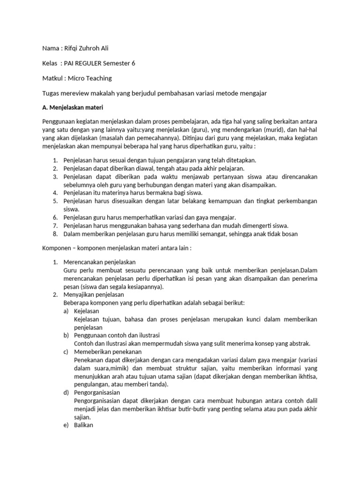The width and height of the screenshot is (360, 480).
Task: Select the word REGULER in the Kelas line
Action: pos(97,63)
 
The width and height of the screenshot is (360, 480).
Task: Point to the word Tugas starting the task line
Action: pos(51,93)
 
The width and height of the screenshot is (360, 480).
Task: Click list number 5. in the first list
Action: pos(55,201)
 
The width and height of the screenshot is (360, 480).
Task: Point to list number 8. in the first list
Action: pos(55,234)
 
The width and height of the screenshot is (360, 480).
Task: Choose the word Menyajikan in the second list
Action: pos(79,294)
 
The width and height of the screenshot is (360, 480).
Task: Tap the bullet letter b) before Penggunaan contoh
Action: pos(67,335)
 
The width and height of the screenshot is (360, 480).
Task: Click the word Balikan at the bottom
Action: pos(84,425)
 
